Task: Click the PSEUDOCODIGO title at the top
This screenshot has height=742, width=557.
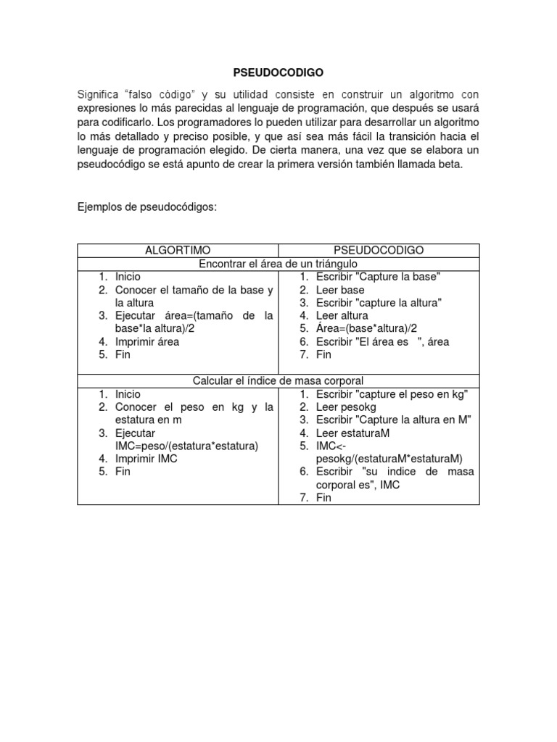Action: click(x=278, y=72)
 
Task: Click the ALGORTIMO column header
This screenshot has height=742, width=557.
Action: click(x=177, y=250)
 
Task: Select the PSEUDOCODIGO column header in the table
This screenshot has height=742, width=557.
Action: click(x=379, y=250)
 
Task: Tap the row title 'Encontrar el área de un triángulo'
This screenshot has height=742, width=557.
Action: click(x=278, y=263)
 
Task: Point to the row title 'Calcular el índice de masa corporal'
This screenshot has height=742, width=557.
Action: click(x=278, y=380)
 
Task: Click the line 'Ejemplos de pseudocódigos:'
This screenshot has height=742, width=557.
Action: click(x=147, y=207)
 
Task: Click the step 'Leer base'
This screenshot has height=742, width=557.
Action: click(x=340, y=290)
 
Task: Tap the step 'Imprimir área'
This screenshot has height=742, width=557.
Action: click(x=147, y=341)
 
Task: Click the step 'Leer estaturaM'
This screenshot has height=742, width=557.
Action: click(x=352, y=433)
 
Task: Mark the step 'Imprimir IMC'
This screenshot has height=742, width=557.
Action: click(x=146, y=459)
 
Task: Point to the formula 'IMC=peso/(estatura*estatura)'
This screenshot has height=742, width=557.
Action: click(x=187, y=446)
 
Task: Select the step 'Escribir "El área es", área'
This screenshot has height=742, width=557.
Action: click(x=383, y=341)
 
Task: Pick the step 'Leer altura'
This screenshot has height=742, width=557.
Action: click(x=342, y=315)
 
